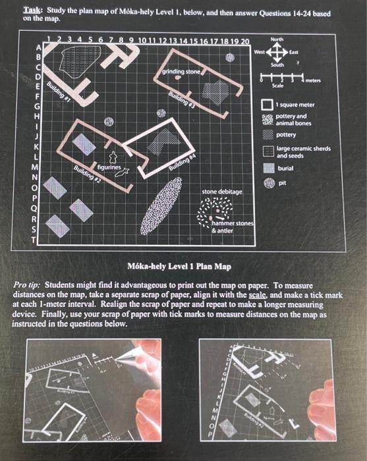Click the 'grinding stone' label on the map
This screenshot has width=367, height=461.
[181, 70]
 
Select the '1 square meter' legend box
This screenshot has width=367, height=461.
[267, 104]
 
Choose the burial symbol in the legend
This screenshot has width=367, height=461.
[267, 168]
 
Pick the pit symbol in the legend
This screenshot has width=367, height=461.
[267, 183]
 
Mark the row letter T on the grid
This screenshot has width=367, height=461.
[40, 242]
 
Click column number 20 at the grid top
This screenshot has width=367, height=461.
[244, 42]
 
